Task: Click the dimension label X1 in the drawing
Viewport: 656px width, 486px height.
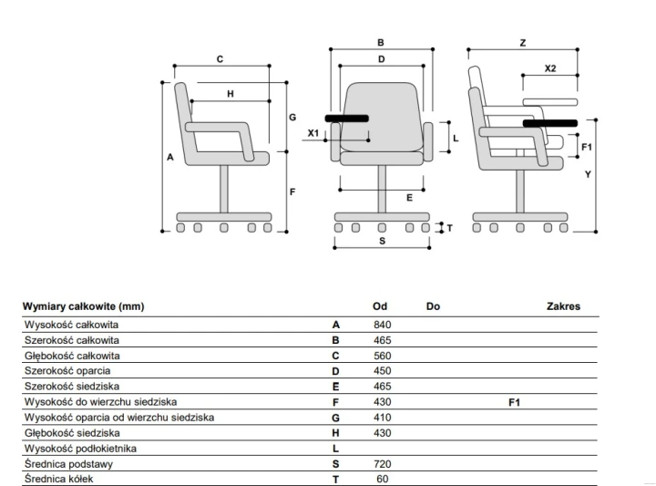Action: pyautogui.click(x=313, y=133)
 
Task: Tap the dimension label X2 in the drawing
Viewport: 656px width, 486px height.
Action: pyautogui.click(x=550, y=68)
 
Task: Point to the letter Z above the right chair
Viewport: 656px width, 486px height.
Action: pyautogui.click(x=523, y=43)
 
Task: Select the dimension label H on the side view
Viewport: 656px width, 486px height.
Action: pyautogui.click(x=231, y=94)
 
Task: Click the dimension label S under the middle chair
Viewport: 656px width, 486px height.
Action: pyautogui.click(x=382, y=241)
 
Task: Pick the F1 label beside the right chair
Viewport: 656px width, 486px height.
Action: pyautogui.click(x=587, y=147)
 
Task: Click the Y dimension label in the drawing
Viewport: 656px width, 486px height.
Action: pyautogui.click(x=588, y=174)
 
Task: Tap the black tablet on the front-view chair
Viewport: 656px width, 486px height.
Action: pyautogui.click(x=347, y=119)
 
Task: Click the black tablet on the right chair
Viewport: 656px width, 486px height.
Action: pyautogui.click(x=550, y=123)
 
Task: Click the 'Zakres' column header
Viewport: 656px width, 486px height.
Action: pyautogui.click(x=563, y=306)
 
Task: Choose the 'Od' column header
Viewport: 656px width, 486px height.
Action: pyautogui.click(x=380, y=306)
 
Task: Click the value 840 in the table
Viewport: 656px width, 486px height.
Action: pyautogui.click(x=383, y=325)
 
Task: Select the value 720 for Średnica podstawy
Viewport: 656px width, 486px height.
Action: pyautogui.click(x=383, y=464)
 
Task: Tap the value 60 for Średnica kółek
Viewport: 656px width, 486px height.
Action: pyautogui.click(x=383, y=480)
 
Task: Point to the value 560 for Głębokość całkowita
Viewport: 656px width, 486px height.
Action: pyautogui.click(x=383, y=356)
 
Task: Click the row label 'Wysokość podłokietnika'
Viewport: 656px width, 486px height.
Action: pyautogui.click(x=80, y=449)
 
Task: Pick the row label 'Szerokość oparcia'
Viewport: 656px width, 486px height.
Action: pyautogui.click(x=67, y=371)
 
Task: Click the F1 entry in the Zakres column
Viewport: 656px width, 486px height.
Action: pyautogui.click(x=514, y=402)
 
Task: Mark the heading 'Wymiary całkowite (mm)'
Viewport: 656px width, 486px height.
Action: pyautogui.click(x=83, y=306)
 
